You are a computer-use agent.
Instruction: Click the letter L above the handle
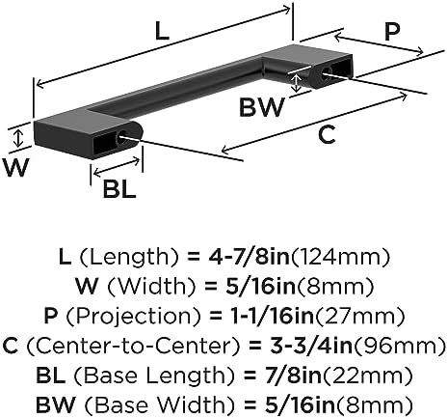pos(162,32)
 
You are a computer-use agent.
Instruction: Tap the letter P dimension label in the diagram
pos(392,32)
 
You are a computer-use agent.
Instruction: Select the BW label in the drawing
pos(262,107)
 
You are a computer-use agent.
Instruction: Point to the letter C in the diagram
pos(327,135)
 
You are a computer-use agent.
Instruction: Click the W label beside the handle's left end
pos(15,168)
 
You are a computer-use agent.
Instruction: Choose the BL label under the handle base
pos(119,189)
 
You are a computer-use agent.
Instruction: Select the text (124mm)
pos(340,257)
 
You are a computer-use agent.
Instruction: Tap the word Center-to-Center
pos(133,346)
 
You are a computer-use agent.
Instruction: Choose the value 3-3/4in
pos(311,346)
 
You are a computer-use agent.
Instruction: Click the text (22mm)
pos(367,376)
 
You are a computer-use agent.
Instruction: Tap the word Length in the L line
pos(125,257)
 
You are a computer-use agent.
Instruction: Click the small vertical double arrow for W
pos(19,138)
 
